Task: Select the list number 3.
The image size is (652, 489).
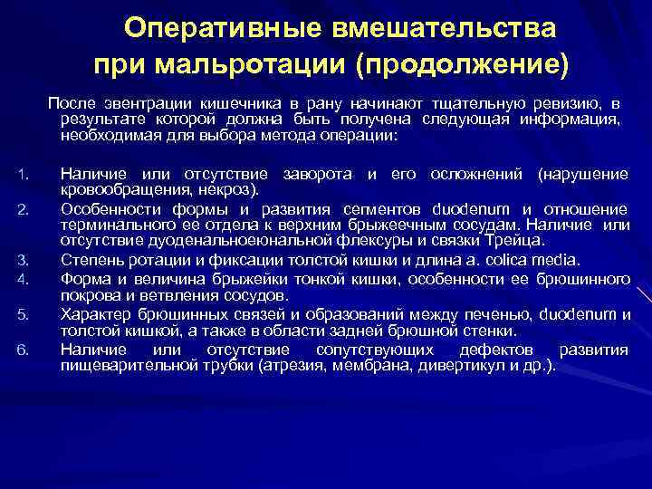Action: [24, 261]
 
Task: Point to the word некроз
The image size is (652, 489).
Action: [235, 188]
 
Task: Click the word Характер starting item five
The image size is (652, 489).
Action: [92, 314]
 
